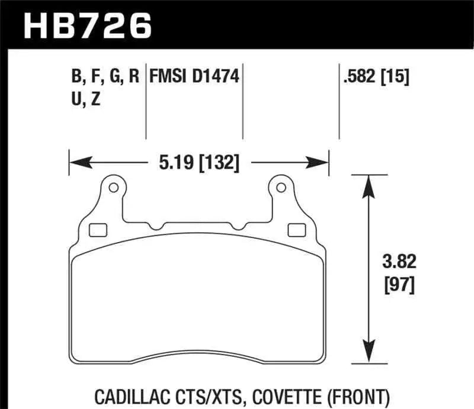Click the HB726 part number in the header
point(87,25)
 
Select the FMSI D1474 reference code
point(194,77)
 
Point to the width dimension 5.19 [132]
point(199,161)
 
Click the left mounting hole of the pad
point(111,188)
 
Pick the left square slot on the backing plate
point(95,230)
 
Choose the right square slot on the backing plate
point(294,230)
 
